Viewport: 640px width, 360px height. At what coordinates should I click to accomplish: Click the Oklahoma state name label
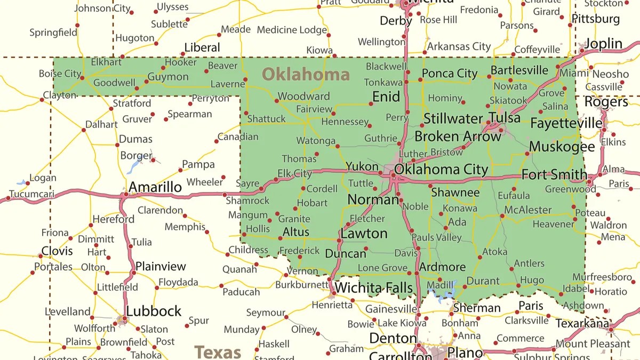click(306, 74)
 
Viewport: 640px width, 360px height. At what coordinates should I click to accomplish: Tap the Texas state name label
click(218, 353)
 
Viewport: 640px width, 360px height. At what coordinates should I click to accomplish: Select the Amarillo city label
click(155, 187)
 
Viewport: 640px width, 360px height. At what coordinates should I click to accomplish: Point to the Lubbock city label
click(154, 311)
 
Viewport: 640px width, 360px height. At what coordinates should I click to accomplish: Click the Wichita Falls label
click(373, 289)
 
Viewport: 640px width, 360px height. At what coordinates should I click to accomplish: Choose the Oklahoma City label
click(441, 170)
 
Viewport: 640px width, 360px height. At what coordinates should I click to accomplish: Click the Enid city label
click(386, 97)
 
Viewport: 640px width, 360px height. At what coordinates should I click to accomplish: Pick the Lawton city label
click(364, 234)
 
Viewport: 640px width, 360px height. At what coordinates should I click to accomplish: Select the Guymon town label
click(168, 77)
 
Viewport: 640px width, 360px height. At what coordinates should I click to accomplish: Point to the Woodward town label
click(304, 97)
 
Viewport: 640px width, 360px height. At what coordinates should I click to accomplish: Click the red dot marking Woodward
click(277, 100)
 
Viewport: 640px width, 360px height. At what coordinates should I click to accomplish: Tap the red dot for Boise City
click(82, 78)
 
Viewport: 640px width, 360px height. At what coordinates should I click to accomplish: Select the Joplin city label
click(603, 44)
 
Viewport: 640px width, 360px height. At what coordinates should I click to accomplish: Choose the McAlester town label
click(528, 210)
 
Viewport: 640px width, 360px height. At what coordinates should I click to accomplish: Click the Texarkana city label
click(582, 323)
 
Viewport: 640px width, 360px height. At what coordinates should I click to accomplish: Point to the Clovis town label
click(57, 251)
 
